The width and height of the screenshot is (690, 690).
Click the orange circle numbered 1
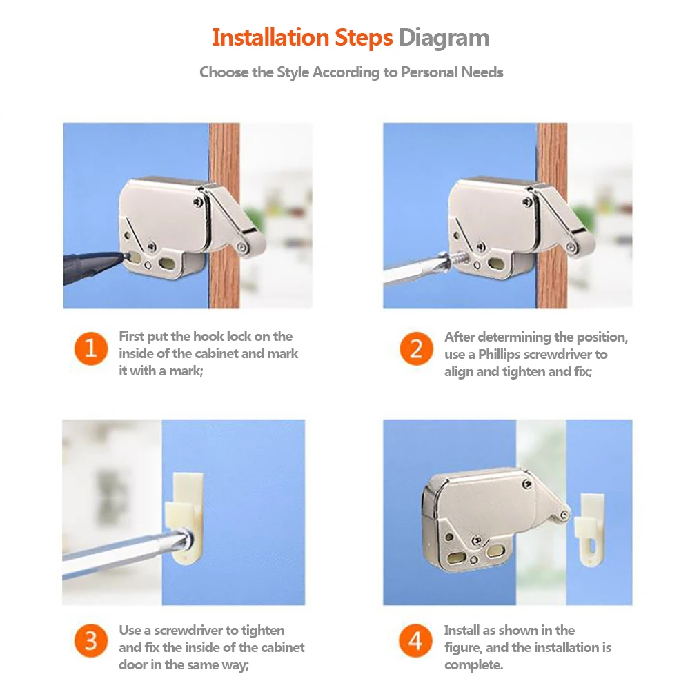(x=91, y=348)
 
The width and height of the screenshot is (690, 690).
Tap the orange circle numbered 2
(x=416, y=348)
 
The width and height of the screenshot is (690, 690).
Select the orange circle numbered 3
(x=91, y=641)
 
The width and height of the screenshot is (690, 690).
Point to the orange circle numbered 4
(x=416, y=641)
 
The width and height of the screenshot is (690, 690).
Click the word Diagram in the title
(x=444, y=38)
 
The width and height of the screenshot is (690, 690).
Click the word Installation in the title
(x=270, y=37)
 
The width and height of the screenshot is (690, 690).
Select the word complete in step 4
(x=473, y=665)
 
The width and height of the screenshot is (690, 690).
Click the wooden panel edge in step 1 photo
(x=224, y=215)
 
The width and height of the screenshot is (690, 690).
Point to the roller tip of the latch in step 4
(x=563, y=514)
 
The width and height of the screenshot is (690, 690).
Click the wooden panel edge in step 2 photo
(x=552, y=215)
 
